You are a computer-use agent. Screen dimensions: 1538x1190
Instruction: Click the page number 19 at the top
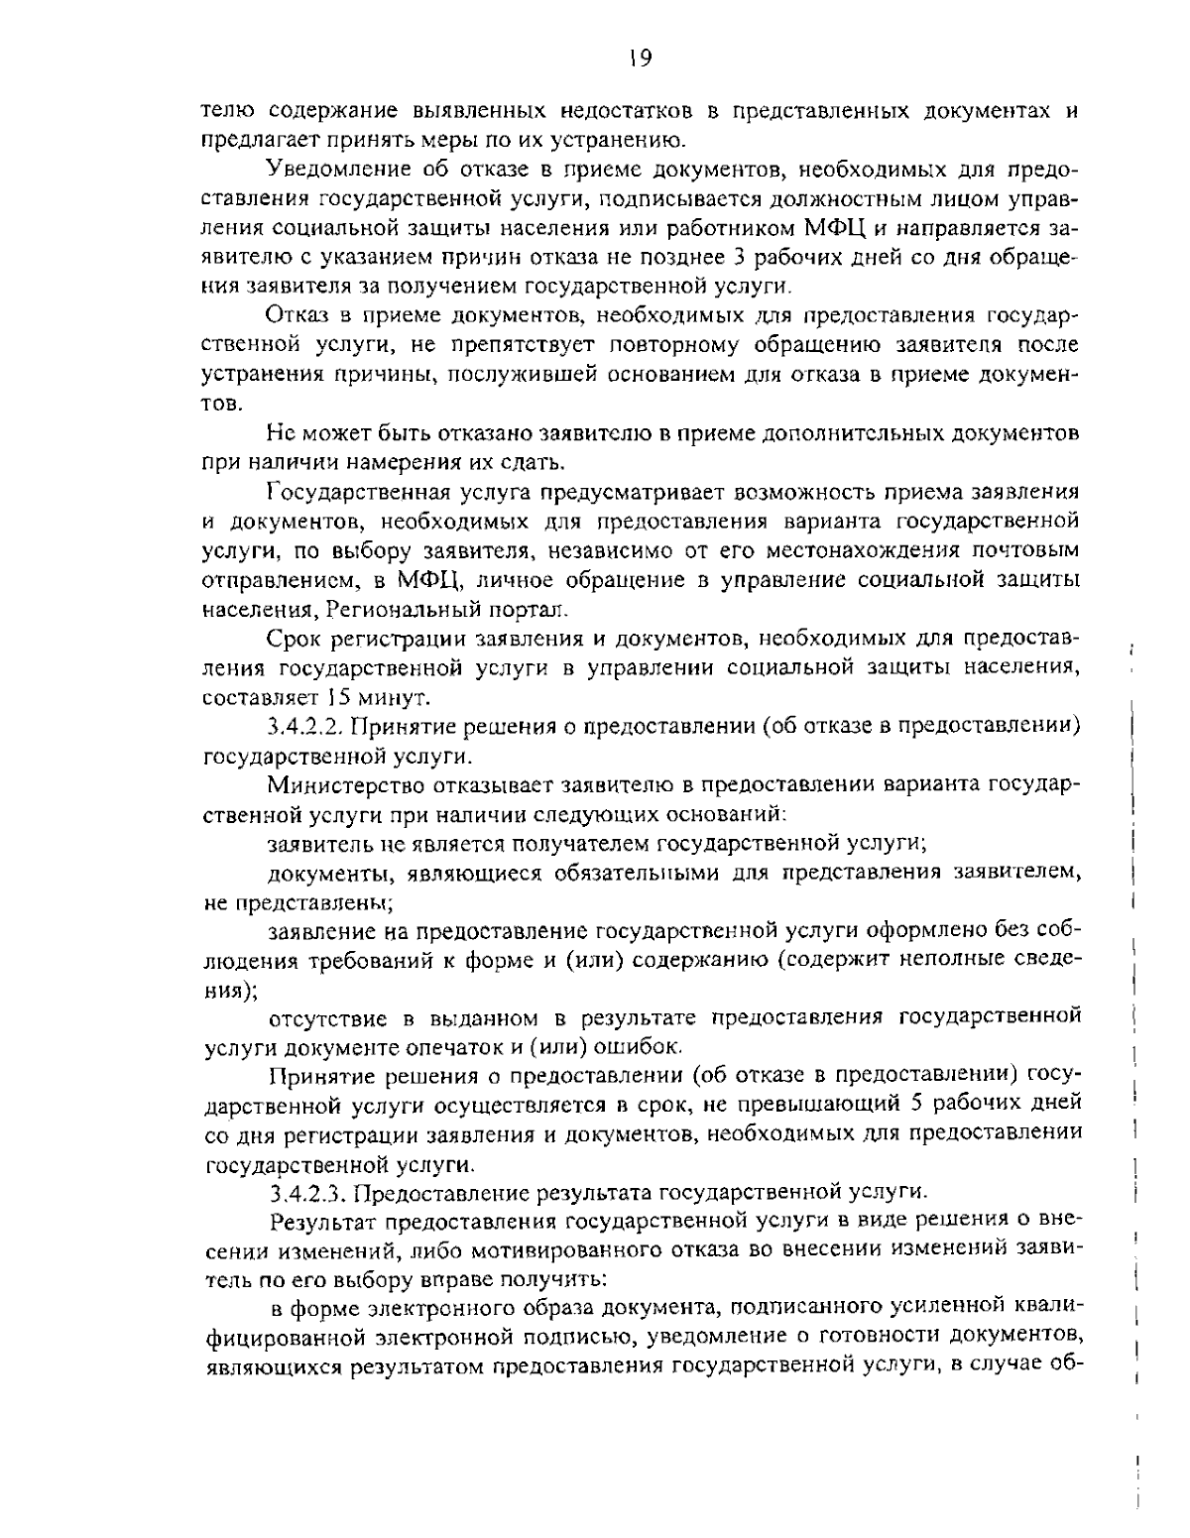639,59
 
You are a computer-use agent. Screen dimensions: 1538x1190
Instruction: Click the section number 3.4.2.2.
304,727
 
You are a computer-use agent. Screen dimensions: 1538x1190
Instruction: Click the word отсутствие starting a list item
324,1017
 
